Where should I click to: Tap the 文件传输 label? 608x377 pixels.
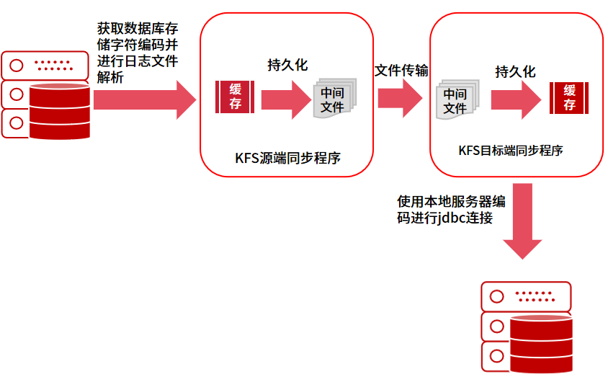tap(401, 71)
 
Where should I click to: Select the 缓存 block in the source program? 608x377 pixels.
tap(236, 97)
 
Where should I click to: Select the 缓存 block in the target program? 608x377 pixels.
tap(570, 97)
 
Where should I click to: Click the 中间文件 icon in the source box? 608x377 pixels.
tap(334, 99)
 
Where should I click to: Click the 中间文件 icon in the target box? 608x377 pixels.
tap(455, 99)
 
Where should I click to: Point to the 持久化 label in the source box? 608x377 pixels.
tap(287, 66)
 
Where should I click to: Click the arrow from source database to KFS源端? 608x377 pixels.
tap(144, 99)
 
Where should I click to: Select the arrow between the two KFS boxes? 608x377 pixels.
tap(401, 97)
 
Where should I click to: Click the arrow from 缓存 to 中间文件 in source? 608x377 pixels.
tap(285, 99)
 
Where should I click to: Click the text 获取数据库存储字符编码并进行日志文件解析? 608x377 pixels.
tap(138, 53)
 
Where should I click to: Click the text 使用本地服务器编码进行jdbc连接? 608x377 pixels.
tap(450, 208)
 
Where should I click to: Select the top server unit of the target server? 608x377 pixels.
tap(525, 296)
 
